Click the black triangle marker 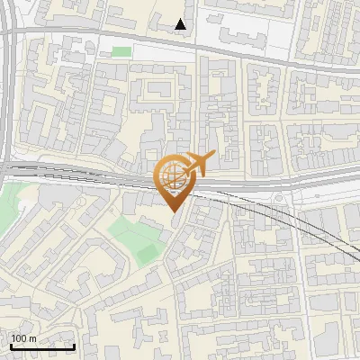tap(182, 24)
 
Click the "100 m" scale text tap(23, 338)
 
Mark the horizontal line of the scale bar tap(42, 346)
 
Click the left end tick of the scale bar tap(11, 344)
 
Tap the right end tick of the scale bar tap(74, 344)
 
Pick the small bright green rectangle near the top tap(121, 52)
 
